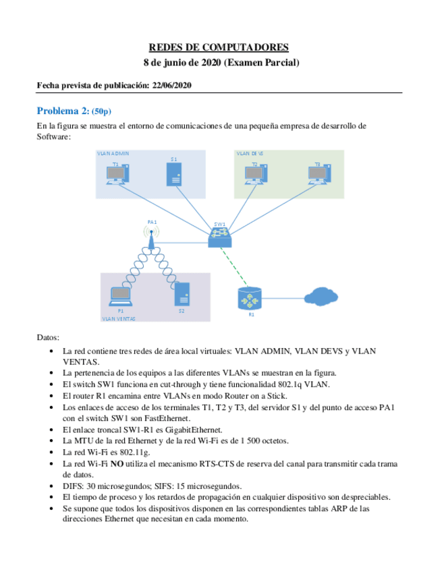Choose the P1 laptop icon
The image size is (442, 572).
pos(120,297)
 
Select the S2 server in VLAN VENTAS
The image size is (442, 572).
pos(182,294)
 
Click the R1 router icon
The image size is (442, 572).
pos(250,297)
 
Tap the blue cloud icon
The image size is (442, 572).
pos(321,297)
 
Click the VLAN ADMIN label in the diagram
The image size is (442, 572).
pos(113,154)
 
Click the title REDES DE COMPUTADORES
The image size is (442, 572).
pos(218,47)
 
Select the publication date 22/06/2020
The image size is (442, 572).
pos(172,85)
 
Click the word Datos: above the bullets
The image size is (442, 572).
pos(48,337)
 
